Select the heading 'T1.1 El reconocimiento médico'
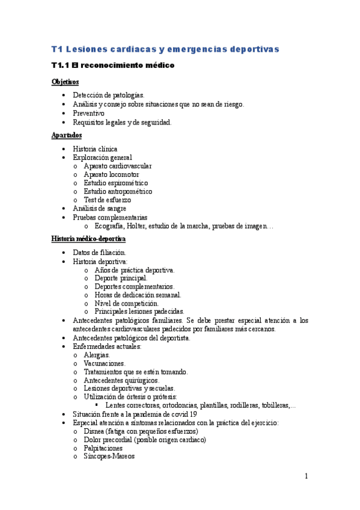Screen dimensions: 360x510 click(x=112, y=65)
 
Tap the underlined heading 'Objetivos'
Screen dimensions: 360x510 click(x=65, y=82)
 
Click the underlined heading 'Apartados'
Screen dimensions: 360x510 click(x=66, y=135)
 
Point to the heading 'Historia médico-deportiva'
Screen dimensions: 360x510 click(x=88, y=239)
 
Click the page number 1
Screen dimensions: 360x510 click(x=306, y=477)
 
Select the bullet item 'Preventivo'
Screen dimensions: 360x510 click(x=88, y=113)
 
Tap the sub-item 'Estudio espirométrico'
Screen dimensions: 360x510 click(x=116, y=183)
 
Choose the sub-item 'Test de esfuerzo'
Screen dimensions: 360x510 click(x=107, y=200)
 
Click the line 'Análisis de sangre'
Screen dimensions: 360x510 click(x=99, y=208)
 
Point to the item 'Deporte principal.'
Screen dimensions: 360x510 click(x=120, y=278)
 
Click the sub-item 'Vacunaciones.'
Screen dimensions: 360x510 click(x=105, y=363)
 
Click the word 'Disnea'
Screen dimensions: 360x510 click(x=95, y=431)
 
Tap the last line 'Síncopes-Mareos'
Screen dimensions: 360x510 click(x=109, y=456)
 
